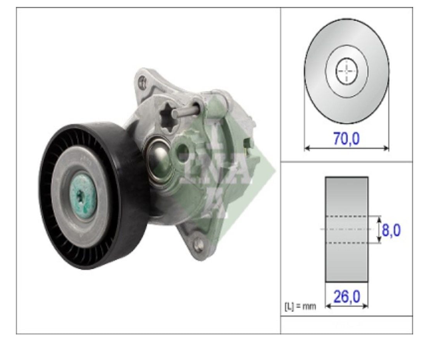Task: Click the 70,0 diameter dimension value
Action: pyautogui.click(x=346, y=138)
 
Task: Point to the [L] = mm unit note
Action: pyautogui.click(x=300, y=306)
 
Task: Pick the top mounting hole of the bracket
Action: pyautogui.click(x=142, y=81)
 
